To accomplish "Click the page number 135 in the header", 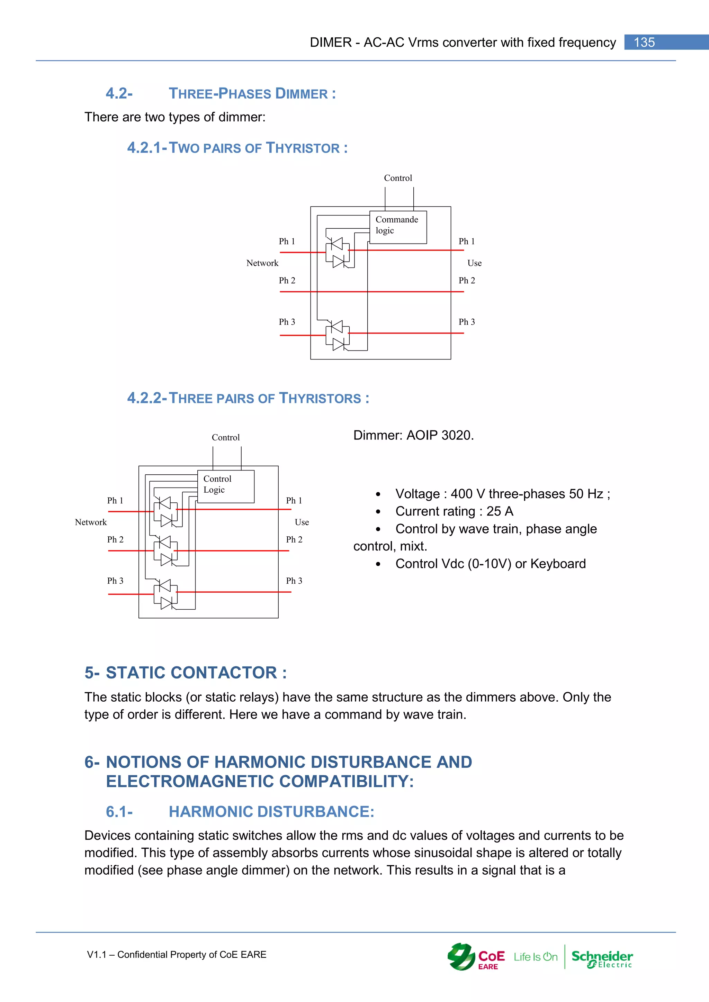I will (x=644, y=42).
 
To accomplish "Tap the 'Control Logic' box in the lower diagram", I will (x=225, y=486).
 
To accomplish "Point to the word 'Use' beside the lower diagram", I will (x=302, y=522).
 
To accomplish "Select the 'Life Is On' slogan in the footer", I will (x=535, y=957).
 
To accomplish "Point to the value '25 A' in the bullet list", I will (x=500, y=511).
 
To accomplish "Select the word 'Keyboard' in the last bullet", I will (x=558, y=564).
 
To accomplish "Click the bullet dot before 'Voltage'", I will (x=378, y=494).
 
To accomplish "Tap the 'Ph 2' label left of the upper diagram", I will (x=287, y=281).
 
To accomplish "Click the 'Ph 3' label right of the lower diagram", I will (x=294, y=581).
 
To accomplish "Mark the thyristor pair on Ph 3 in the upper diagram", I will (x=338, y=335).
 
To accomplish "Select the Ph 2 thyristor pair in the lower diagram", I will (x=165, y=551).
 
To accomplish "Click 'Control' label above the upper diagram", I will (x=398, y=178).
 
